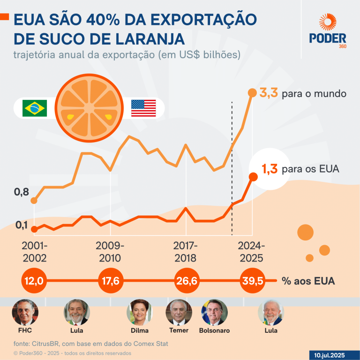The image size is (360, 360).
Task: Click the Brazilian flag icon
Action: pyautogui.click(x=34, y=108)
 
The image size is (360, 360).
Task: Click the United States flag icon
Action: pyautogui.click(x=143, y=108)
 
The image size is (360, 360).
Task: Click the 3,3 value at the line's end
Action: pyautogui.click(x=269, y=93)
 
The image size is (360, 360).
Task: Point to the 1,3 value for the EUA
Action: pyautogui.click(x=269, y=169)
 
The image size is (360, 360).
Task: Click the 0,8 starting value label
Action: pyautogui.click(x=22, y=192)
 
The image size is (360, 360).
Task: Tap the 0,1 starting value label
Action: pyautogui.click(x=22, y=225)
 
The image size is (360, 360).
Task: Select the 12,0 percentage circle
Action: pyautogui.click(x=34, y=281)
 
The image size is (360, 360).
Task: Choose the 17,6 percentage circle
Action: pyautogui.click(x=111, y=281)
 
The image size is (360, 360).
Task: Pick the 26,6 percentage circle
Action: pyautogui.click(x=187, y=281)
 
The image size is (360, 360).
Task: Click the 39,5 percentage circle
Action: pyautogui.click(x=252, y=281)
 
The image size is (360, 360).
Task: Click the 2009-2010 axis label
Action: pyautogui.click(x=110, y=252)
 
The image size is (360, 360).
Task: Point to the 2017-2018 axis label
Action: pyautogui.click(x=186, y=252)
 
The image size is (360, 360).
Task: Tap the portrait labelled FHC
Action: pyautogui.click(x=25, y=312)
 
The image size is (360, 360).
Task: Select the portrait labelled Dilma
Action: pyautogui.click(x=140, y=312)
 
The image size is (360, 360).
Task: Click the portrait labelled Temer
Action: pyautogui.click(x=179, y=312)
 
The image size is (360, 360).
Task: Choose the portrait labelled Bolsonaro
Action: pyautogui.click(x=214, y=312)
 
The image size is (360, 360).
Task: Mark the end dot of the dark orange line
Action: pyautogui.click(x=253, y=177)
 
